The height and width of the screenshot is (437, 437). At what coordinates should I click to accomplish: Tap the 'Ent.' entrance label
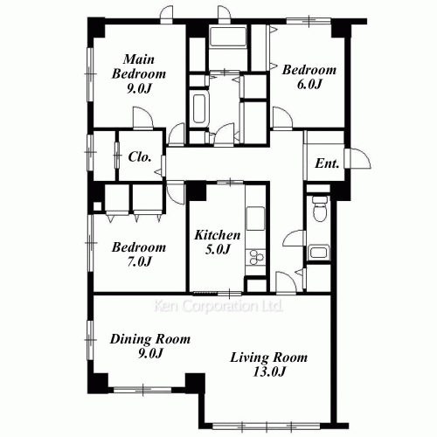coord(327,163)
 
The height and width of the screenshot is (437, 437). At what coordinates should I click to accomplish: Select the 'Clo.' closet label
coord(141,157)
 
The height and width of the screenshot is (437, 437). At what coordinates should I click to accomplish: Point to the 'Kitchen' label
coord(217,235)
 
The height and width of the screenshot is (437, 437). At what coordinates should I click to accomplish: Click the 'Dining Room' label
coord(151,338)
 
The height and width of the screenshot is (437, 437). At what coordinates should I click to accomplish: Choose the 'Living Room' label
coord(269,357)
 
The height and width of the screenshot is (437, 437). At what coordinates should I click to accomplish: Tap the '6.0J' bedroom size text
coord(309,85)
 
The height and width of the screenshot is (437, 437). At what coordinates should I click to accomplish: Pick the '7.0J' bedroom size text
coord(138,261)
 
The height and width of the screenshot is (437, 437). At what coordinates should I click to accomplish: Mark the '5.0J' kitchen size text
coord(216,250)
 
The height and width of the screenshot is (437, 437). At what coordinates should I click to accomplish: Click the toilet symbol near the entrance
coord(319,210)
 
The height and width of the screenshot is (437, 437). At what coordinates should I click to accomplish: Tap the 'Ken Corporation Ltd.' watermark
coord(218,308)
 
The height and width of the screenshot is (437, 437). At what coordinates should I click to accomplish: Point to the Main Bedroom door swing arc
coord(140,118)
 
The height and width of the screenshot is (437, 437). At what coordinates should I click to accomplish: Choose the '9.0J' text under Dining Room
coord(150,353)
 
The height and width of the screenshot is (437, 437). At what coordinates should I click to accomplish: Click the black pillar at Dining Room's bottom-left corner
coord(101,382)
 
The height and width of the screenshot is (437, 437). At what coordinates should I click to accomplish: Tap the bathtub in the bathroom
coord(198,112)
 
